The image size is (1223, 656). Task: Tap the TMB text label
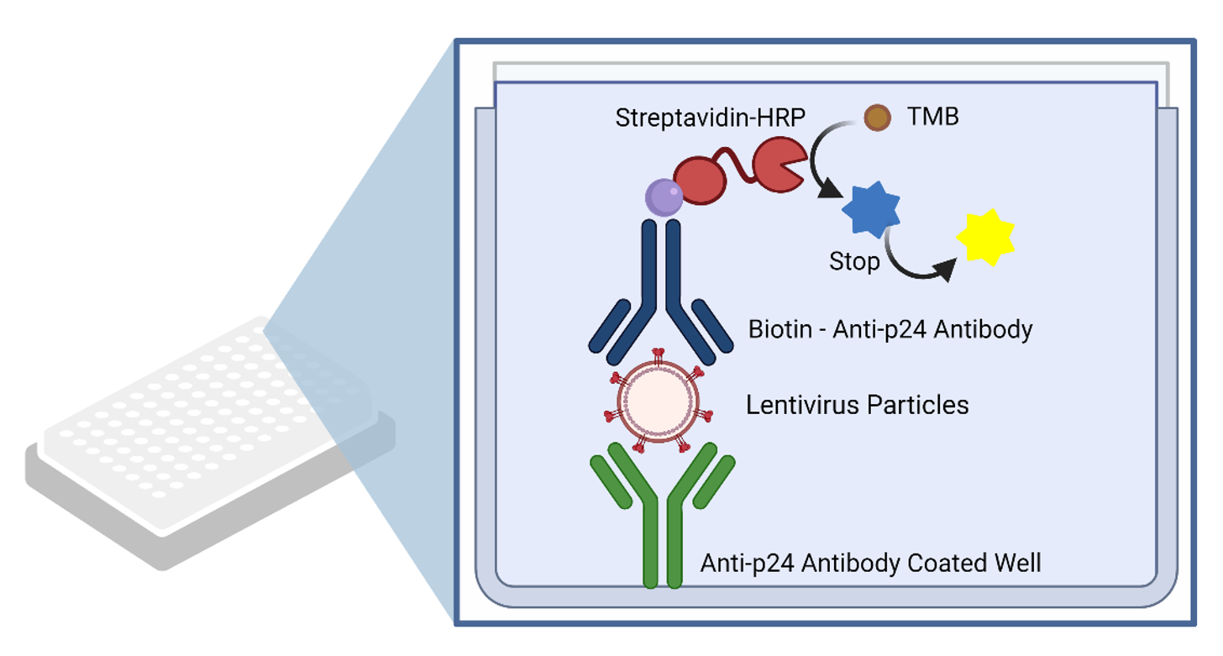pos(932,117)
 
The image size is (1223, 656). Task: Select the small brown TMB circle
pos(878,118)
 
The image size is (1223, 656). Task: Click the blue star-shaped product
pos(870,210)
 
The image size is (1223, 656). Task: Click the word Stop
pos(854,261)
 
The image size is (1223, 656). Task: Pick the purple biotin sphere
pos(664,197)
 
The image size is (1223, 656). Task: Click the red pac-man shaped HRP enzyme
pos(778,165)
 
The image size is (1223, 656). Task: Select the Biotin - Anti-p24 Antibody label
pos(890,329)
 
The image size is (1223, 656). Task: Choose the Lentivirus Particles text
pos(857,405)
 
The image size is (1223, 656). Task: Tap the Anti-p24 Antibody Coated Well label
pos(870,562)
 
